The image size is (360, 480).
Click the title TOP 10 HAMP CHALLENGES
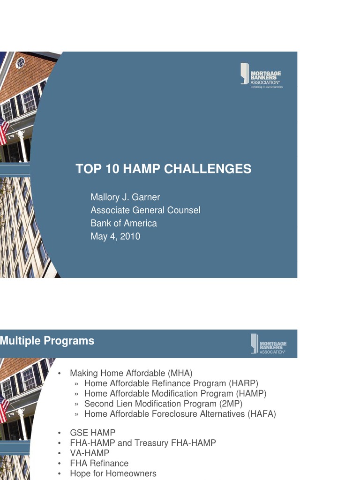(x=164, y=169)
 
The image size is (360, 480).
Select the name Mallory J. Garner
(x=125, y=197)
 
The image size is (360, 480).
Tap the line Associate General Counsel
(x=145, y=210)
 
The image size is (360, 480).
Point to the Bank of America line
(x=124, y=224)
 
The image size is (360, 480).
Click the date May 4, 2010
(x=115, y=237)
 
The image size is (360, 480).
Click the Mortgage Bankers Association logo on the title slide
(x=262, y=75)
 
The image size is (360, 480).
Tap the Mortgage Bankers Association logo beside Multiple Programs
(x=268, y=344)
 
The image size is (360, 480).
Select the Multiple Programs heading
(x=47, y=341)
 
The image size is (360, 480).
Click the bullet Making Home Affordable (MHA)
(x=131, y=373)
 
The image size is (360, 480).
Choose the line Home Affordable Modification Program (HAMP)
(x=175, y=394)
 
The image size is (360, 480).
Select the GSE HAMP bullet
(x=92, y=433)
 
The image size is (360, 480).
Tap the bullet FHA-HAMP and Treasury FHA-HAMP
(x=143, y=443)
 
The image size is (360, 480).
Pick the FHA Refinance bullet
(x=99, y=464)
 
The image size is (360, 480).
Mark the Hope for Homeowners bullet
(x=113, y=473)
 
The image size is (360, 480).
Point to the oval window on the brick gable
(x=20, y=63)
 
